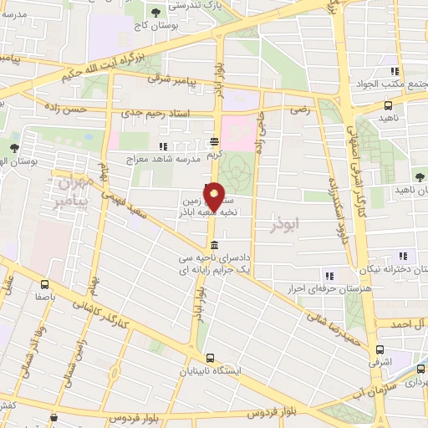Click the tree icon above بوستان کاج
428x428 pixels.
[x=156, y=13]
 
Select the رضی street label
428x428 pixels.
[x=298, y=109]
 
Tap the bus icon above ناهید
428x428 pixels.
[x=389, y=106]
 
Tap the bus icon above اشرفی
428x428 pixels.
[x=380, y=349]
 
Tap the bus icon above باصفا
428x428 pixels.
[x=40, y=282]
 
